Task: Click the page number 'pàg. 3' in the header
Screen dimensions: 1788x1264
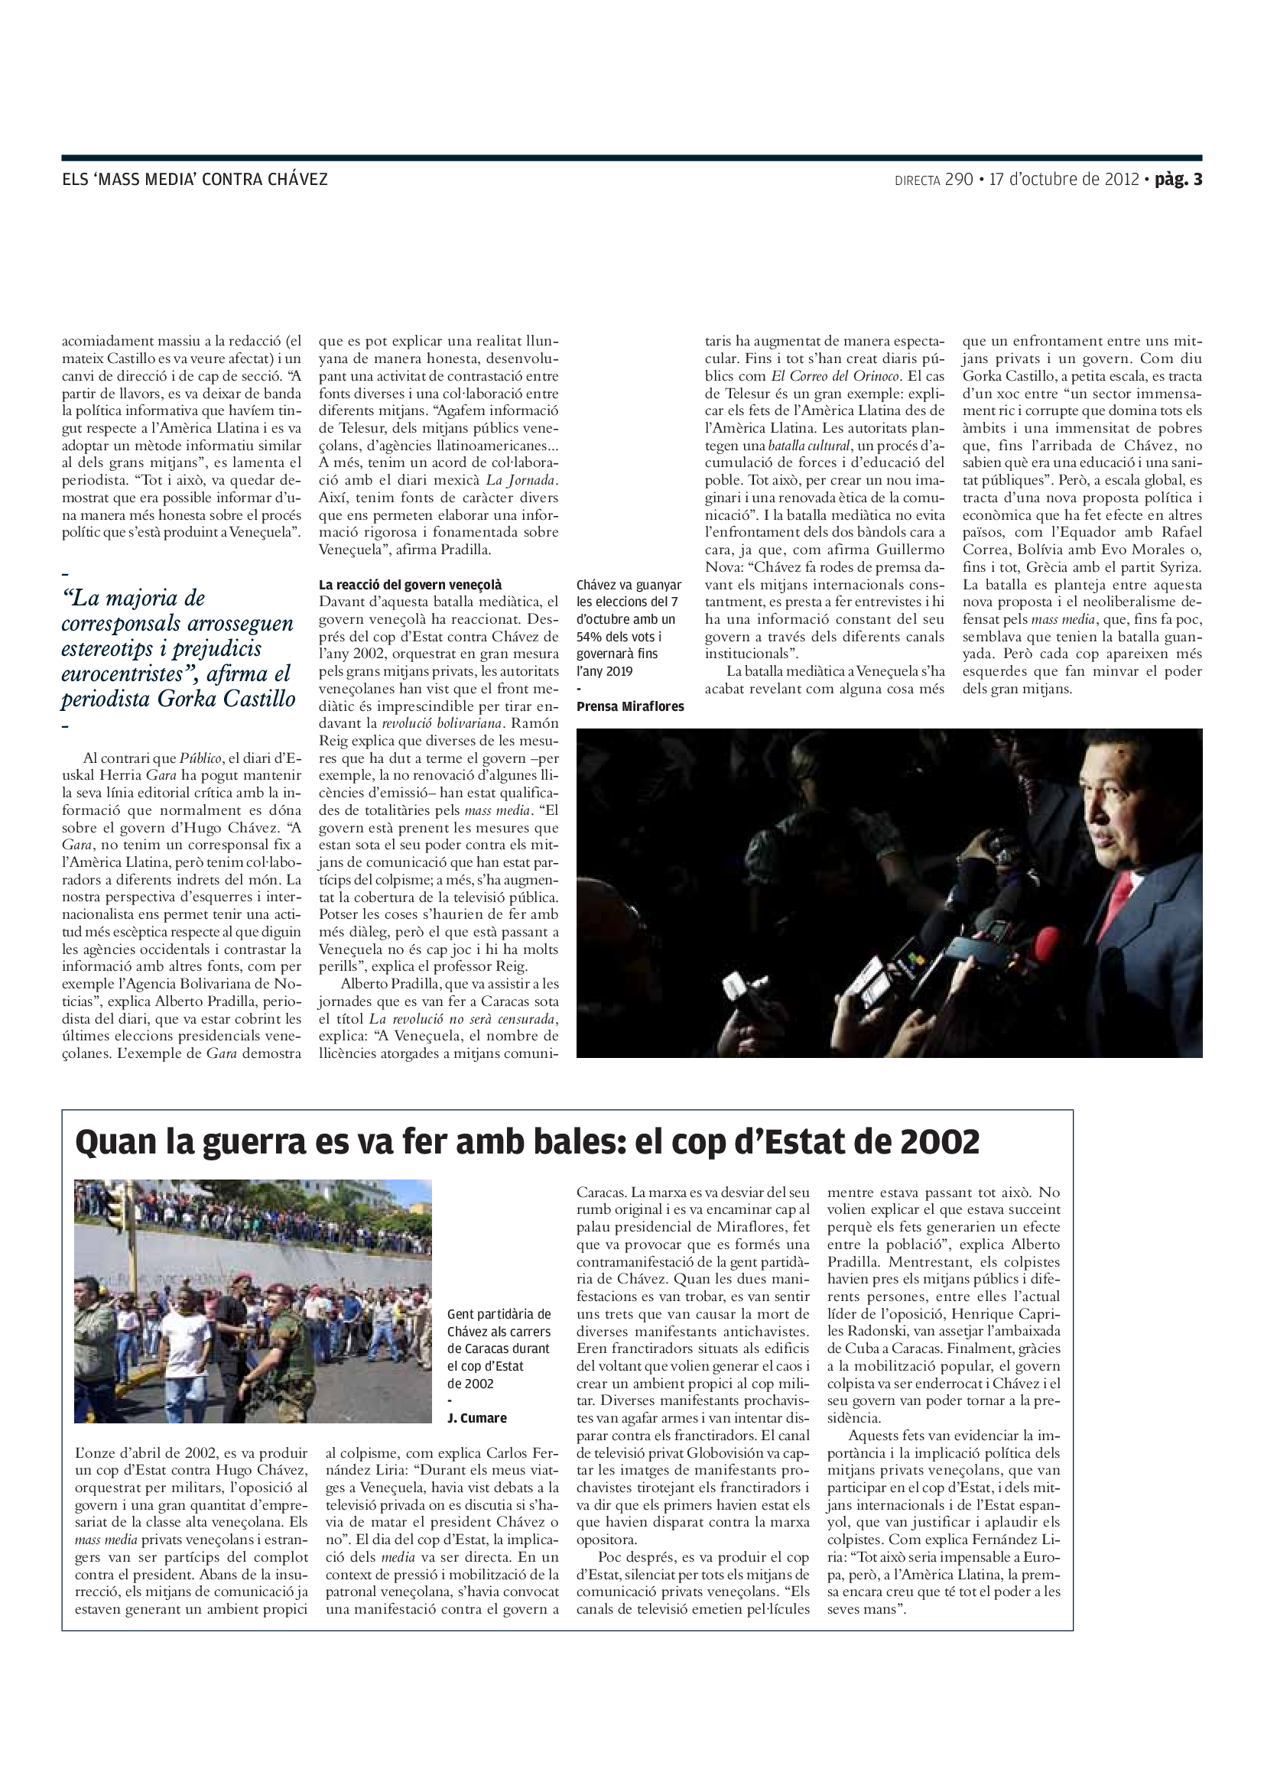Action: tap(1178, 179)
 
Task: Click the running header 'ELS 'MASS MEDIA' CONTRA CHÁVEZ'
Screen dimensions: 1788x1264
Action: tap(195, 179)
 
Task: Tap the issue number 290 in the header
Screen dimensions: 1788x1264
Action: tap(959, 179)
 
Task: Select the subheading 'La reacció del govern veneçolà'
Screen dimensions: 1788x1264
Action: tap(411, 585)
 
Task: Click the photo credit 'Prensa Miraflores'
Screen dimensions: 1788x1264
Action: tap(630, 706)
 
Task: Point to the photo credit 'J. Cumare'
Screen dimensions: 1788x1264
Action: tap(476, 1418)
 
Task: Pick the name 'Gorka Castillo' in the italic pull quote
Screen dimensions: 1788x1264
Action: tap(226, 699)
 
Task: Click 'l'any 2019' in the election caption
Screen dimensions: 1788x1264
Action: tap(604, 670)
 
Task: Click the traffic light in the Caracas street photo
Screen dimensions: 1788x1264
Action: tap(115, 1206)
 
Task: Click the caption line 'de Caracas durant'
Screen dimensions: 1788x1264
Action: tap(499, 1348)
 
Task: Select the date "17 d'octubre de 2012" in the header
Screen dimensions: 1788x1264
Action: tap(1064, 179)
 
